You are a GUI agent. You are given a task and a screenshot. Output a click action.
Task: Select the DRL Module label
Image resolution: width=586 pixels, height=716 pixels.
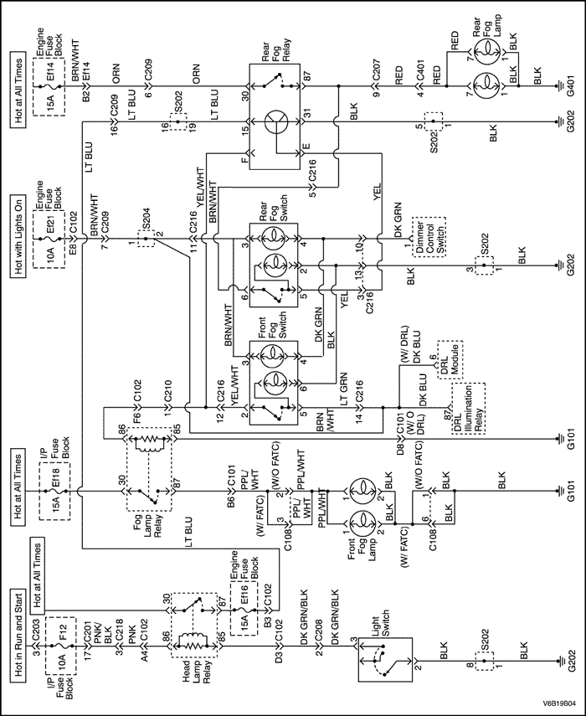[x=452, y=358]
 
